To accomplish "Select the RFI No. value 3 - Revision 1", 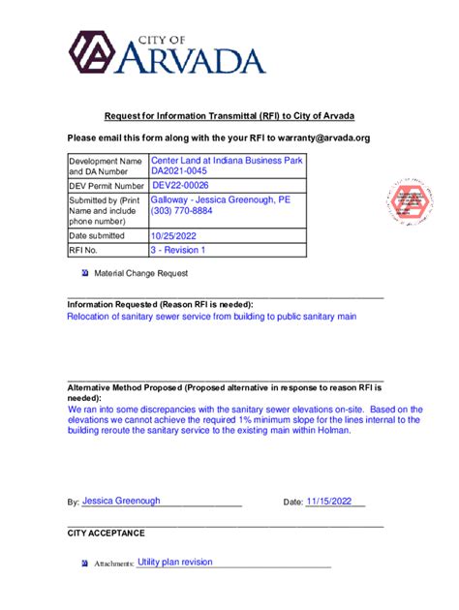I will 179,250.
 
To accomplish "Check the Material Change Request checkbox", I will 85,274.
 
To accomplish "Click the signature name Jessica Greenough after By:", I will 121,502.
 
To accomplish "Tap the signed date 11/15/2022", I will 334,502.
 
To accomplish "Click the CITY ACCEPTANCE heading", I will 106,533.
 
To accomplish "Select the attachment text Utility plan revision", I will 174,562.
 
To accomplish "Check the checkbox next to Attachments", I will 85,563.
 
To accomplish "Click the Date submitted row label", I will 97,235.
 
